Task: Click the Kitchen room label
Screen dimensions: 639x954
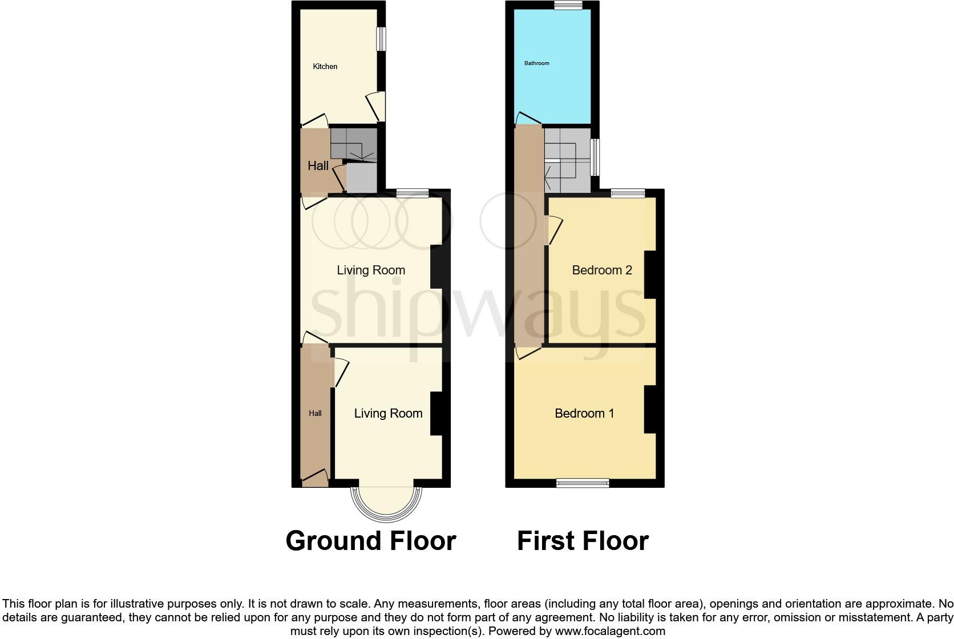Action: click(x=325, y=67)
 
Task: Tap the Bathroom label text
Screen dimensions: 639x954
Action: click(x=536, y=63)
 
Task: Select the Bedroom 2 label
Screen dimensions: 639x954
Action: click(x=602, y=270)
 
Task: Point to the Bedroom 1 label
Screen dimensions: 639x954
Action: click(x=584, y=413)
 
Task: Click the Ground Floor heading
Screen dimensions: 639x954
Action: click(x=371, y=541)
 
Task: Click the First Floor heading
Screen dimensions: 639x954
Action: click(x=583, y=541)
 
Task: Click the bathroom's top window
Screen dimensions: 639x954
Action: click(x=568, y=5)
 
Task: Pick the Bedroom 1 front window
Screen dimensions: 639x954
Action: click(x=583, y=483)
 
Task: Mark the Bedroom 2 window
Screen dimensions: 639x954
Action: click(x=628, y=193)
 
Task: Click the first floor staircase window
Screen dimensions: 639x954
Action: click(x=595, y=157)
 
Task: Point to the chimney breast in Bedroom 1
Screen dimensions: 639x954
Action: click(x=650, y=410)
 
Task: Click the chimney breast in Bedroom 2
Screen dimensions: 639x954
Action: click(x=650, y=274)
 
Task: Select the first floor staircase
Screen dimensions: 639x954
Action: click(x=567, y=160)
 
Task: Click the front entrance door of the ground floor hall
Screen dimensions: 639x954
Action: click(x=315, y=478)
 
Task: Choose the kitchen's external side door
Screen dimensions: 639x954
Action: click(x=377, y=107)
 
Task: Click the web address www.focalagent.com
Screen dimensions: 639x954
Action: click(x=609, y=631)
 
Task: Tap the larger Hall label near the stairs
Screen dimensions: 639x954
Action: click(x=318, y=166)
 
